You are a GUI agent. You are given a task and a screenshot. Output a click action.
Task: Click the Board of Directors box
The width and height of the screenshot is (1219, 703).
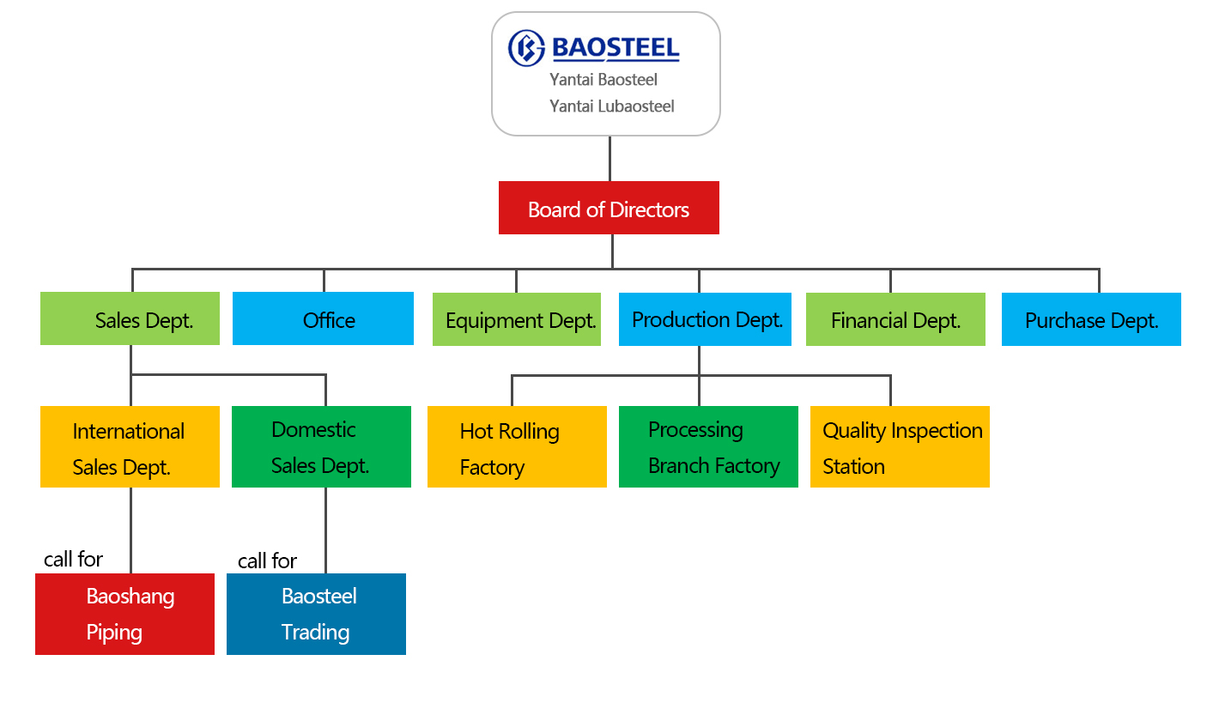pyautogui.click(x=609, y=208)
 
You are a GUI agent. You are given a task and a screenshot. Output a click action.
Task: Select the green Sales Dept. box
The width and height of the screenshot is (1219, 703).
pyautogui.click(x=130, y=318)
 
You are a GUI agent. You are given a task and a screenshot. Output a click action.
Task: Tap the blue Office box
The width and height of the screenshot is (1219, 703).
pyautogui.click(x=324, y=318)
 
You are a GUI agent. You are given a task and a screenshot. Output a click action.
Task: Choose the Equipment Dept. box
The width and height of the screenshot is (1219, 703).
pyautogui.click(x=517, y=319)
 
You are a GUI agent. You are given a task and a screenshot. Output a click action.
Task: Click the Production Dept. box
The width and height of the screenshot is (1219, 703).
pyautogui.click(x=706, y=319)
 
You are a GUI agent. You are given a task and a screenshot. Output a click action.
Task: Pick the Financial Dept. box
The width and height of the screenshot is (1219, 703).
pyautogui.click(x=895, y=319)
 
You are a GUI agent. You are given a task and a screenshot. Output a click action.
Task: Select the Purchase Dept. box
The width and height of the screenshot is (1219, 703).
pyautogui.click(x=1092, y=319)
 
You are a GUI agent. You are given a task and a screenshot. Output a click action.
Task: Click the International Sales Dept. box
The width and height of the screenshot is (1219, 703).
pyautogui.click(x=130, y=446)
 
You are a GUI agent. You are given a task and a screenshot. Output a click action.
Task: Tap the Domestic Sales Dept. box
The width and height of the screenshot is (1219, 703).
pyautogui.click(x=322, y=446)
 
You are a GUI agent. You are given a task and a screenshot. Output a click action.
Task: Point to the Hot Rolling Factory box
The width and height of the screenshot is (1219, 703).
pyautogui.click(x=517, y=446)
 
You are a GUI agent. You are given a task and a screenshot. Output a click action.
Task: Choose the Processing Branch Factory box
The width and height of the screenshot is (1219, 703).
pyautogui.click(x=708, y=446)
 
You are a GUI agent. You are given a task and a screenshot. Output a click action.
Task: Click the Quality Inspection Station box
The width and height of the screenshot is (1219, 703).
pyautogui.click(x=901, y=446)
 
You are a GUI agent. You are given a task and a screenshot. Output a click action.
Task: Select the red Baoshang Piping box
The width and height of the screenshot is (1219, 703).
pyautogui.click(x=124, y=615)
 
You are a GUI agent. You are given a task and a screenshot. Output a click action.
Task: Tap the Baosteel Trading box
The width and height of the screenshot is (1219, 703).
pyautogui.click(x=316, y=615)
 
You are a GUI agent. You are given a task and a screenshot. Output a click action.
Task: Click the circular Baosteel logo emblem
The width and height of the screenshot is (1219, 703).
pyautogui.click(x=526, y=48)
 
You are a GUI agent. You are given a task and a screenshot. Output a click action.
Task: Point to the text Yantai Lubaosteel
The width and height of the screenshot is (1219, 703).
pyautogui.click(x=612, y=106)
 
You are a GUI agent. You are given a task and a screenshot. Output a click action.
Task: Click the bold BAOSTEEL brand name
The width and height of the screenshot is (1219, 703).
pyautogui.click(x=616, y=48)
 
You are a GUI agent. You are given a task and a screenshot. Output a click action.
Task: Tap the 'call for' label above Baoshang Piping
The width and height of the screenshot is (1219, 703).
pyautogui.click(x=73, y=560)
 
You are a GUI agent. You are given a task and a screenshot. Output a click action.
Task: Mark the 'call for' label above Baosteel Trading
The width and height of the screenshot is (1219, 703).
pyautogui.click(x=267, y=561)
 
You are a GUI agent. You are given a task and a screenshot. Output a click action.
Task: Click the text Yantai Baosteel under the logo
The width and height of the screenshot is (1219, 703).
pyautogui.click(x=603, y=80)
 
